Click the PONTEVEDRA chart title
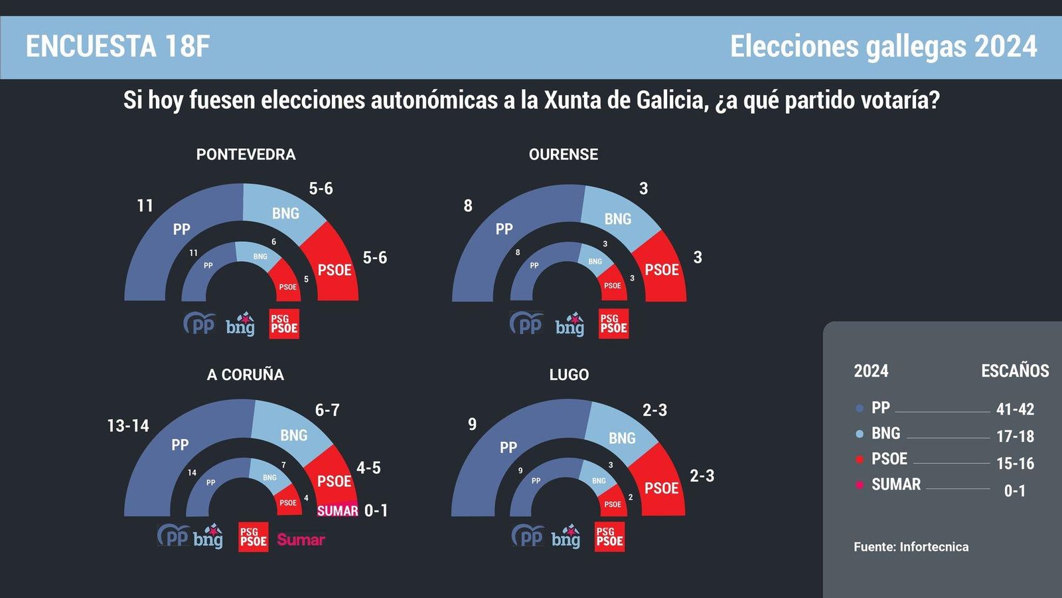(x=246, y=154)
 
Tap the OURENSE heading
(x=563, y=154)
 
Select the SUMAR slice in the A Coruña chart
(x=337, y=510)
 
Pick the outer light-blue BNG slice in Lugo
(x=621, y=435)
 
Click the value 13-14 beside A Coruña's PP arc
(x=127, y=425)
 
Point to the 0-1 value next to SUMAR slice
(x=376, y=510)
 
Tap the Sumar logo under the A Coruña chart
(x=301, y=540)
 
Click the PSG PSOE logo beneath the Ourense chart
(x=613, y=324)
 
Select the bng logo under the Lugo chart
(x=566, y=537)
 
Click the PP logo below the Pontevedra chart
(x=199, y=324)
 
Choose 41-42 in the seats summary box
(x=1015, y=409)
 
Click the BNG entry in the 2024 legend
(x=885, y=433)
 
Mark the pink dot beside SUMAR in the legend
(x=860, y=485)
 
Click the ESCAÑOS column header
(x=1015, y=371)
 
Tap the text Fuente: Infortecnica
(x=911, y=547)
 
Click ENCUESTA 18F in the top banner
(x=117, y=47)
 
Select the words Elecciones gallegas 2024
(x=883, y=47)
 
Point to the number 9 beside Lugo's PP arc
(x=472, y=424)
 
